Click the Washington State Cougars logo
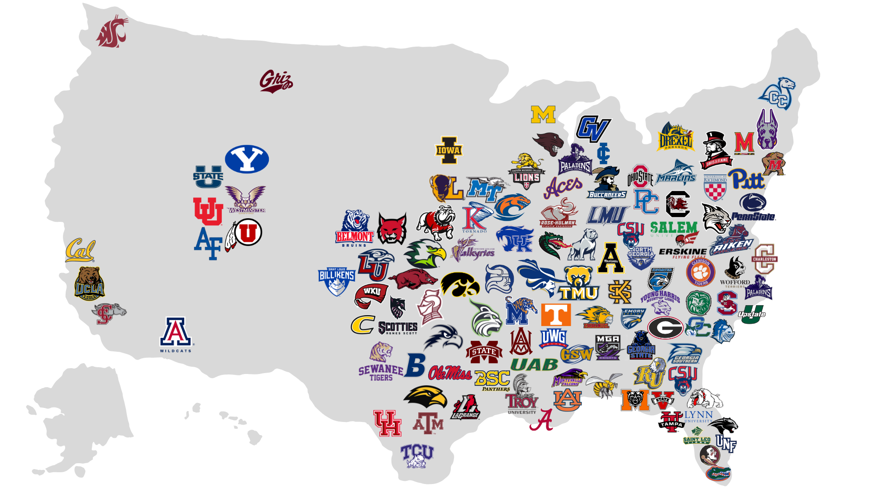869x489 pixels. pyautogui.click(x=112, y=31)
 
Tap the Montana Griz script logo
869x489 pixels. pyautogui.click(x=276, y=81)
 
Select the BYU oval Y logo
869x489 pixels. pyautogui.click(x=247, y=159)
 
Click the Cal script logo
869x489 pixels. pyautogui.click(x=80, y=250)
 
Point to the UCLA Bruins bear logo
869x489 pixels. pyautogui.click(x=89, y=283)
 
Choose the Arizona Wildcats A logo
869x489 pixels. pyautogui.click(x=176, y=334)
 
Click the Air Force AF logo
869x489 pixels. pyautogui.click(x=208, y=243)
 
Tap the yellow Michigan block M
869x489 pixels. pyautogui.click(x=543, y=115)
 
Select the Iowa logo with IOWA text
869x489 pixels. pyautogui.click(x=449, y=150)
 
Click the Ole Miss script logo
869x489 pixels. pyautogui.click(x=450, y=373)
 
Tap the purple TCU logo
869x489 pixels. pyautogui.click(x=417, y=455)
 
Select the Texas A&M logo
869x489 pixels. pyautogui.click(x=428, y=424)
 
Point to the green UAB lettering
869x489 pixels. pyautogui.click(x=534, y=364)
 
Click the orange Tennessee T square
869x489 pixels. pyautogui.click(x=556, y=315)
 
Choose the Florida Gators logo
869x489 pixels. pyautogui.click(x=718, y=473)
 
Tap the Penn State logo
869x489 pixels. pyautogui.click(x=753, y=208)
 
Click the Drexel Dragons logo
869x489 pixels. pyautogui.click(x=675, y=137)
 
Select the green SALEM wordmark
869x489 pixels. pyautogui.click(x=673, y=228)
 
